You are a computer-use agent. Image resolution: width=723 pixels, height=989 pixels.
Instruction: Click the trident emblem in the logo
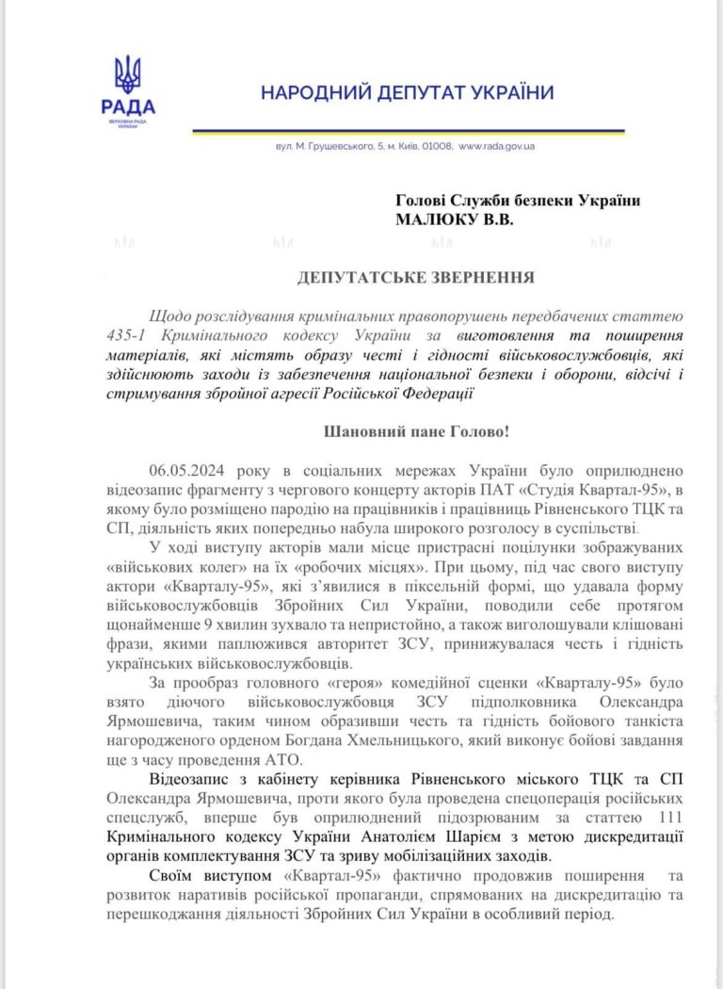tap(127, 74)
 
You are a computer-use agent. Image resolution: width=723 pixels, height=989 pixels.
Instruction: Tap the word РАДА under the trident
tap(127, 105)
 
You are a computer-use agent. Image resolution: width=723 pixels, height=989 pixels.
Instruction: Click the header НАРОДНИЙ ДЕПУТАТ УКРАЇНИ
tap(407, 92)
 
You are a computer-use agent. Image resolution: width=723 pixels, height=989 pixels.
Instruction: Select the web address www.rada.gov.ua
tap(497, 147)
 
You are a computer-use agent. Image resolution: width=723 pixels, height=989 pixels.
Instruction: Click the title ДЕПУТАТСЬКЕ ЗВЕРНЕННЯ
tap(416, 278)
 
